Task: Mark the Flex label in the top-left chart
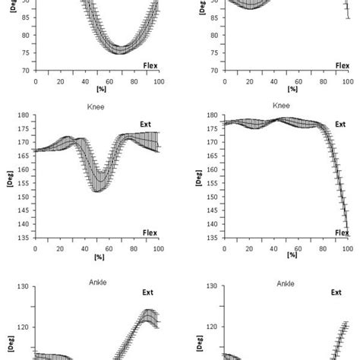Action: click(x=150, y=65)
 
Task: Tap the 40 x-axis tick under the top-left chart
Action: click(x=82, y=81)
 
